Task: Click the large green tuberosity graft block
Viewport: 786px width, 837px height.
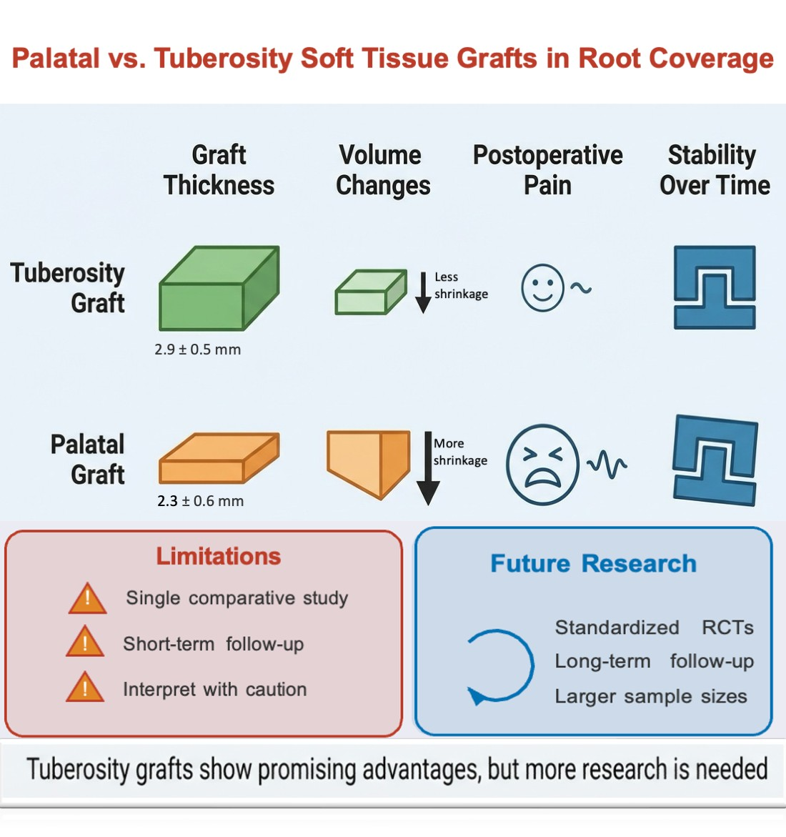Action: pyautogui.click(x=218, y=289)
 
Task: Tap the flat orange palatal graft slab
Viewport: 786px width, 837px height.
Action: pyautogui.click(x=218, y=459)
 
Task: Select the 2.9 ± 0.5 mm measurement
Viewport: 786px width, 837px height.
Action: pyautogui.click(x=198, y=350)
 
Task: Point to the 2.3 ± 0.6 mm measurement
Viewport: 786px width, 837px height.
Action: pyautogui.click(x=201, y=501)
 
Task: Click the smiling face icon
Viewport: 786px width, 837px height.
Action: pyautogui.click(x=542, y=287)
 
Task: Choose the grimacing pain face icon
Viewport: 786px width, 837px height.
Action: pyautogui.click(x=542, y=465)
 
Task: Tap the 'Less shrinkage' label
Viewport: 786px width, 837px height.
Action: pyautogui.click(x=461, y=285)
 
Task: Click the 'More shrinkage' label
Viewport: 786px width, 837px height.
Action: pyautogui.click(x=460, y=452)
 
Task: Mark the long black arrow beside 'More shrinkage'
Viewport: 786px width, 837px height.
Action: pyautogui.click(x=427, y=468)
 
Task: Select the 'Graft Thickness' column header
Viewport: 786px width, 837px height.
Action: pyautogui.click(x=219, y=170)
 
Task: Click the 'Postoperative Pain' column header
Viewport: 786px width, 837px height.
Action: pyautogui.click(x=547, y=170)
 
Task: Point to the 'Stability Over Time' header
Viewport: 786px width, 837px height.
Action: pyautogui.click(x=714, y=170)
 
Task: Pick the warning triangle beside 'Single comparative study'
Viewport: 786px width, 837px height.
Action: pyautogui.click(x=87, y=599)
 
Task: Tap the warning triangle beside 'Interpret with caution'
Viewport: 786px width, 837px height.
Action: pyautogui.click(x=85, y=688)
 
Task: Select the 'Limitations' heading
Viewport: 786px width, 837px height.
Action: pyautogui.click(x=219, y=556)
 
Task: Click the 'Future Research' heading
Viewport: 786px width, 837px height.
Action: pyautogui.click(x=593, y=563)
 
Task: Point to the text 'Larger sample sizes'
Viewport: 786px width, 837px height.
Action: pyautogui.click(x=651, y=696)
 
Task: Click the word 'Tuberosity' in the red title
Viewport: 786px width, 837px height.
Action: pyautogui.click(x=223, y=59)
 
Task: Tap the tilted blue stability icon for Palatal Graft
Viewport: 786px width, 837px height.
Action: pyautogui.click(x=714, y=460)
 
